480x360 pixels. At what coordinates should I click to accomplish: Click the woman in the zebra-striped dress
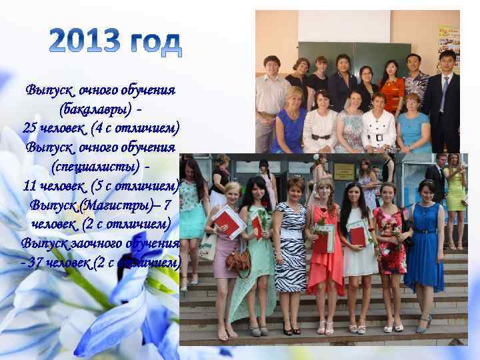click(291, 247)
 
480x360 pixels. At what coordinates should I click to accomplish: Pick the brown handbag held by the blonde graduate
click(238, 259)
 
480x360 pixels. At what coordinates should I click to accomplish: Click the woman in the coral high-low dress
click(326, 247)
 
